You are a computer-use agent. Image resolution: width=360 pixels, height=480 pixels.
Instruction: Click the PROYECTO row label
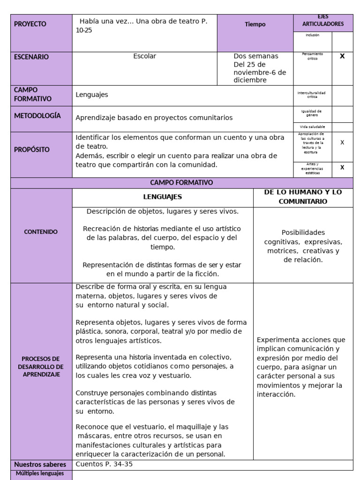coord(30,24)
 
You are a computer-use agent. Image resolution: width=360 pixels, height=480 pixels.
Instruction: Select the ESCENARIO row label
coord(31,57)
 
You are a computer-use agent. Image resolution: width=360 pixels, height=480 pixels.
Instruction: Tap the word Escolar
coord(144,56)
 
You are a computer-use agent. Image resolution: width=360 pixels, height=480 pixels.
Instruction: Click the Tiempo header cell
coord(255,24)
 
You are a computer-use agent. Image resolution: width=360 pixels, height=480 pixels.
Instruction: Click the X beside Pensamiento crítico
coord(342,56)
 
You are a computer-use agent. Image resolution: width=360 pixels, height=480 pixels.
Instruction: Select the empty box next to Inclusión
coord(342,41)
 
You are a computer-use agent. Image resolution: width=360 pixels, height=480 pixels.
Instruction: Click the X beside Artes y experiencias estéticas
coord(342,167)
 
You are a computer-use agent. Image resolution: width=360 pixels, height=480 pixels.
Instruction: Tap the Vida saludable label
coord(312,127)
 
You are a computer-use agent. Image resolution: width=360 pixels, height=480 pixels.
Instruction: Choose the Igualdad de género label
coord(312,113)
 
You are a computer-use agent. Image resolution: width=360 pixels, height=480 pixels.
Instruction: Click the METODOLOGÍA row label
coord(37,116)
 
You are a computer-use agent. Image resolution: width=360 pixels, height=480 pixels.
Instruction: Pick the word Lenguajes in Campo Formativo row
coord(92,95)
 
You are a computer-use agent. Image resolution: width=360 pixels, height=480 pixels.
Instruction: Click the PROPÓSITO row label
coord(32,150)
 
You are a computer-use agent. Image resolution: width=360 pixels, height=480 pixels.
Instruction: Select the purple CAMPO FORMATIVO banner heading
coord(181,182)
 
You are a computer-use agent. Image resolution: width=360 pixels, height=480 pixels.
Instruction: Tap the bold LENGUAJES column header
coord(162,197)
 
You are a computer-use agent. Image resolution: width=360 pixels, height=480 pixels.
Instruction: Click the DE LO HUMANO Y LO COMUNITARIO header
coord(303,197)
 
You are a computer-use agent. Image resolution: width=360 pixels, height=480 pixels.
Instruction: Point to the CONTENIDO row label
coord(41,232)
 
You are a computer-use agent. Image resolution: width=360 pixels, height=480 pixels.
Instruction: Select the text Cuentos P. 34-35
coord(107,464)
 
